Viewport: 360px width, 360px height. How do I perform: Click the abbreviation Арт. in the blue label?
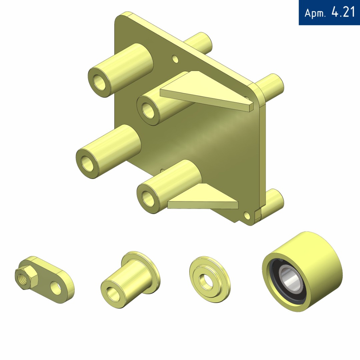315,13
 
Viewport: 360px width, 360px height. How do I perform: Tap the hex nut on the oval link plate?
25,277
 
